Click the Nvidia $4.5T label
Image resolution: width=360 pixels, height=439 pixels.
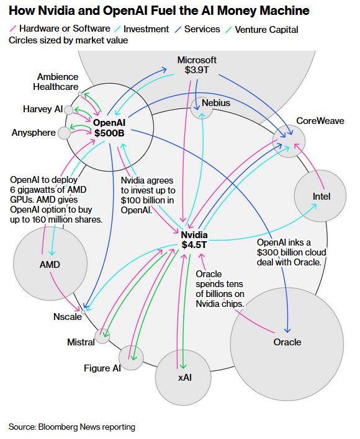(194, 240)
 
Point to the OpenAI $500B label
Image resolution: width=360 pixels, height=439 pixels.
(110, 128)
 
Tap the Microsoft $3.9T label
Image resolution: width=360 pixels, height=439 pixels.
(197, 65)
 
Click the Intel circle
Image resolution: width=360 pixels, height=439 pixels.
(321, 196)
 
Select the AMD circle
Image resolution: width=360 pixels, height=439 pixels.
(49, 265)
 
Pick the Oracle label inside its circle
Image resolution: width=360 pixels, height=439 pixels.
(287, 342)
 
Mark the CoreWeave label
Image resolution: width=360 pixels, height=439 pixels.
(320, 121)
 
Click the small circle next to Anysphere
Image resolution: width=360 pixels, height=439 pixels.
(65, 133)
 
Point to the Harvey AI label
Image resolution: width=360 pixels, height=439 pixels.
(42, 109)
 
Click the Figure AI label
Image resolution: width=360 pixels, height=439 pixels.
(102, 368)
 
